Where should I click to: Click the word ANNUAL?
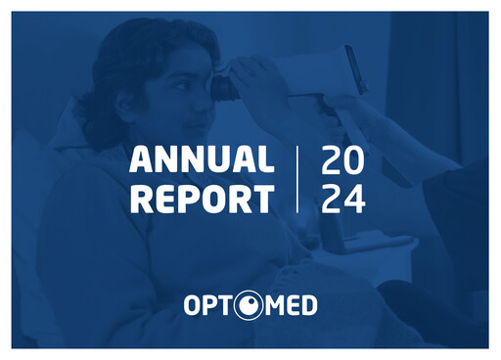coord(201,160)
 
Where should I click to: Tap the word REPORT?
coord(201,199)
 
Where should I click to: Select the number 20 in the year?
coord(342,160)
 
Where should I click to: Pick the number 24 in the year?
coord(342,199)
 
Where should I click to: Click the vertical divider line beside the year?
coord(297,179)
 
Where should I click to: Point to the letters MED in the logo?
coord(290,305)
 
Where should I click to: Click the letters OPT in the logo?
coord(207,305)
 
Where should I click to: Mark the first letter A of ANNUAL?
coord(140,160)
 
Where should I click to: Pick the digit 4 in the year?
coord(355,199)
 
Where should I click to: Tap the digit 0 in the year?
coord(355,160)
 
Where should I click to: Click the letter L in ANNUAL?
coord(265,160)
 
